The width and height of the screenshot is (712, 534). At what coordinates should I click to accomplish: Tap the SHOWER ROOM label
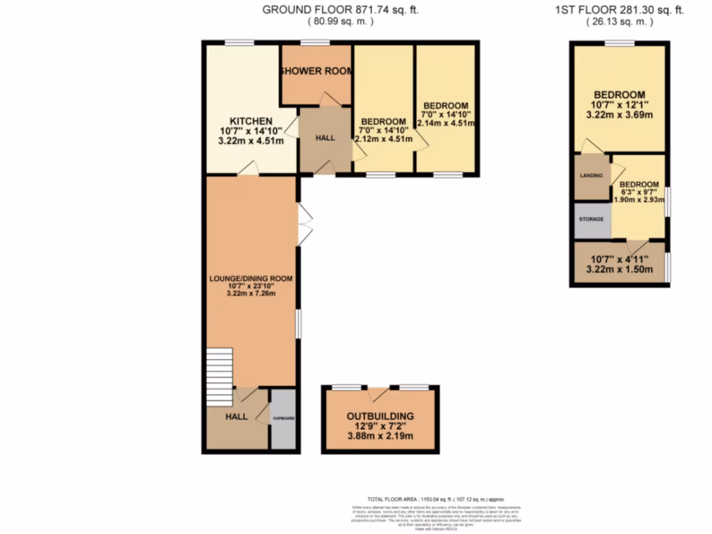click(316, 72)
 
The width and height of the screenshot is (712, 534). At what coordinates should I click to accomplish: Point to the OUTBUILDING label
click(380, 416)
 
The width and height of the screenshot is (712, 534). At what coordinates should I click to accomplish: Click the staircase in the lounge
click(219, 376)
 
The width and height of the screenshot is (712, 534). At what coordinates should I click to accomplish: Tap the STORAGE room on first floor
click(591, 219)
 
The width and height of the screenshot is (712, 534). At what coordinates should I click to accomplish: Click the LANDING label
click(591, 176)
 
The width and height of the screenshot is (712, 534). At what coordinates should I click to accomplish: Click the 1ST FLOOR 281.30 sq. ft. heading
click(620, 10)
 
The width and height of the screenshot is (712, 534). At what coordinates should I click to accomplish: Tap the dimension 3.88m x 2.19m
click(380, 436)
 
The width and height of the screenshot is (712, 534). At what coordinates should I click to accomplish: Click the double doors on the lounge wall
click(305, 224)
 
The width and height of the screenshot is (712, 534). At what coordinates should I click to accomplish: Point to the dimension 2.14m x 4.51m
click(446, 124)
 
